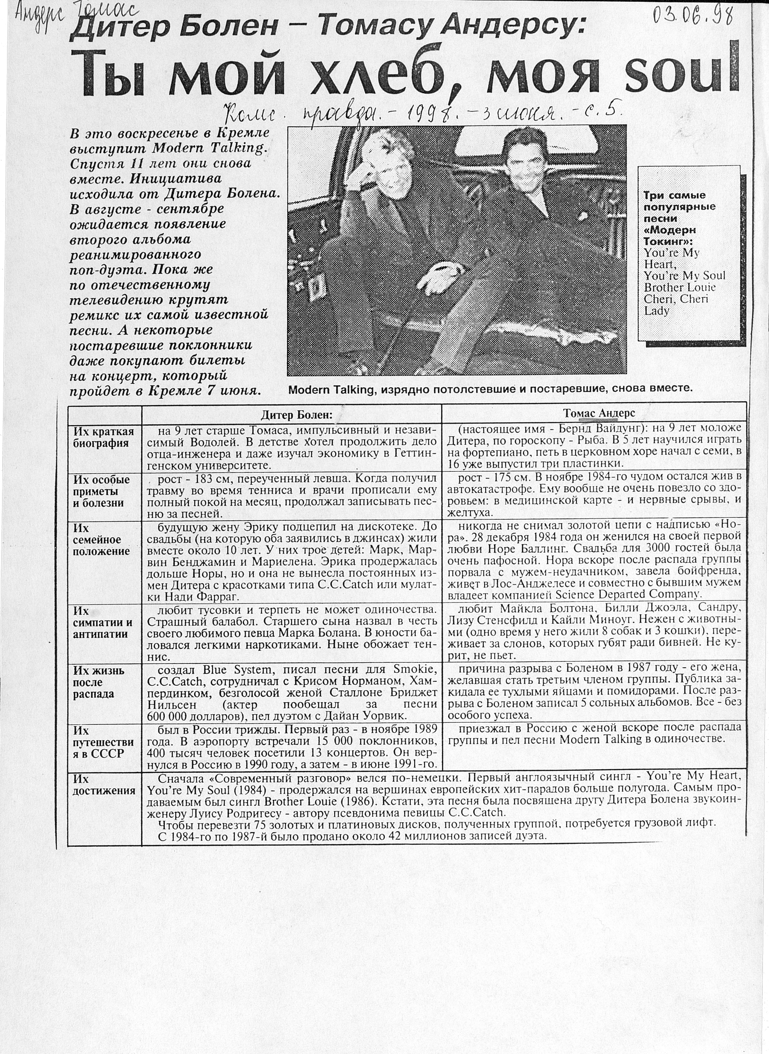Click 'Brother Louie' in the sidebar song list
pos(680,287)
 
